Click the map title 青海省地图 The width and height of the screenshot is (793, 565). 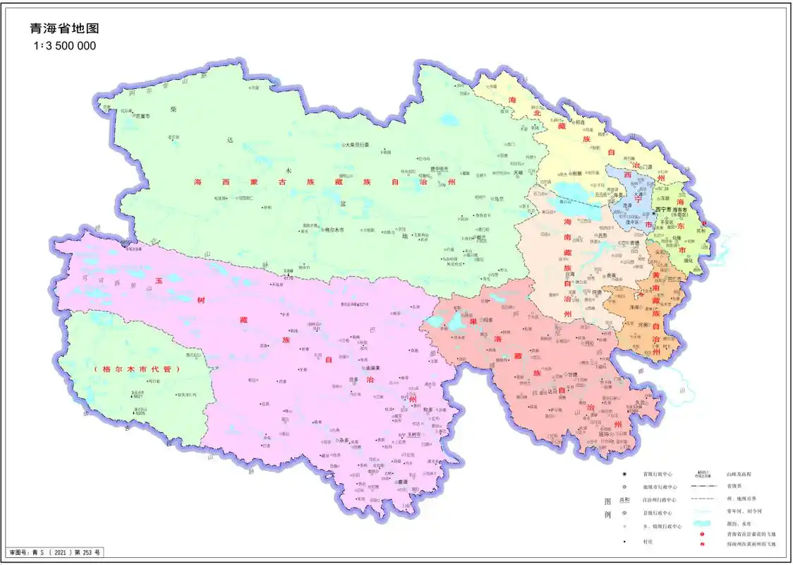(x=64, y=29)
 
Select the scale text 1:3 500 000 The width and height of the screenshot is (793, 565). (x=64, y=46)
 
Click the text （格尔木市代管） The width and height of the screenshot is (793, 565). (x=137, y=369)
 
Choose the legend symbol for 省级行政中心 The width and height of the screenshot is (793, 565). (x=625, y=474)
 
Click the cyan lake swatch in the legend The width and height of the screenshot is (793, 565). (x=700, y=523)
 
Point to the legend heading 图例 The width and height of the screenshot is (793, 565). (x=608, y=508)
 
